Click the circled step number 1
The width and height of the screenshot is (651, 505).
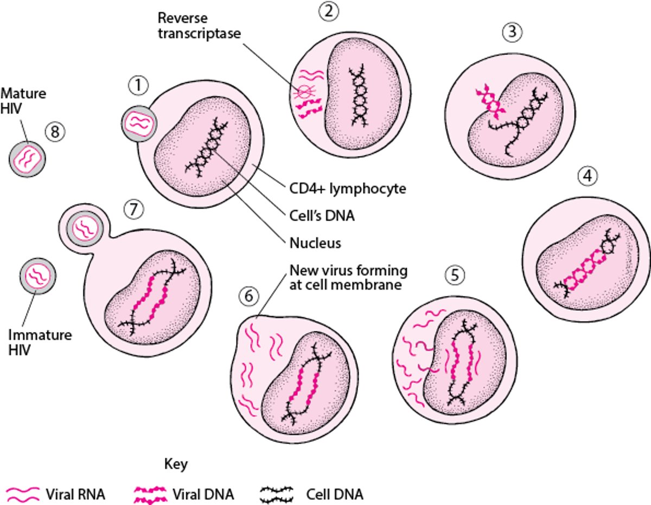tap(138, 85)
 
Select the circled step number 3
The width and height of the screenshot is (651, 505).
tap(512, 33)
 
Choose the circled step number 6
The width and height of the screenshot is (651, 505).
tap(247, 296)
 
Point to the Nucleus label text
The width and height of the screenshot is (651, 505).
tap(315, 242)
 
